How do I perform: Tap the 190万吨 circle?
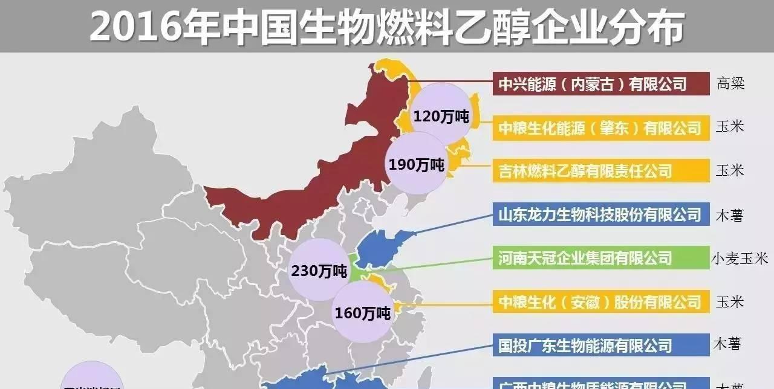pyautogui.click(x=416, y=163)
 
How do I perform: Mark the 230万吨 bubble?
pyautogui.click(x=319, y=269)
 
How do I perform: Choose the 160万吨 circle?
pyautogui.click(x=363, y=313)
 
